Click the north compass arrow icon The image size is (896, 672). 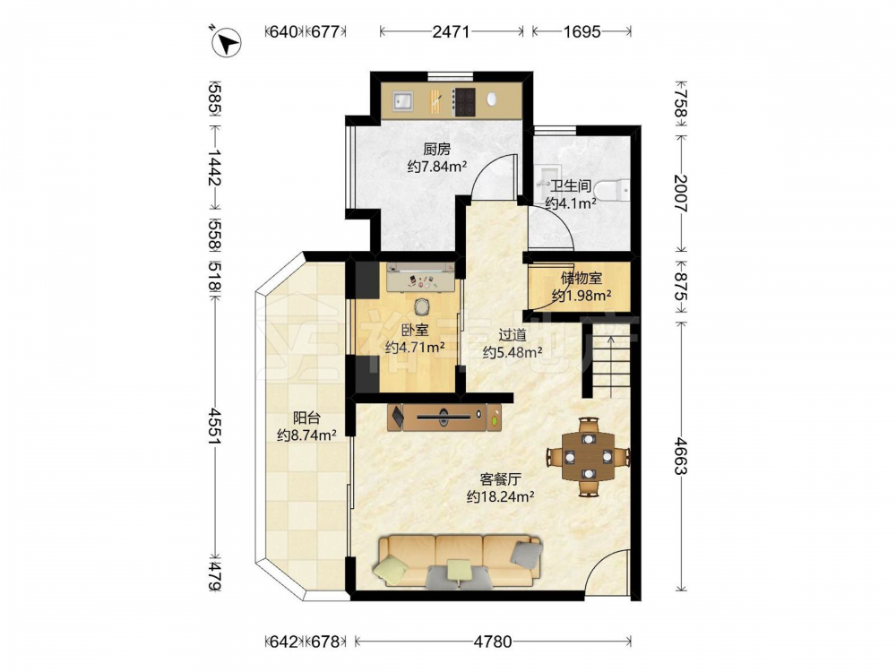(227, 42)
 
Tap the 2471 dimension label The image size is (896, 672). (451, 32)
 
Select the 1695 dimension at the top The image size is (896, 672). (582, 32)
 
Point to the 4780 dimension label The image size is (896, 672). (493, 642)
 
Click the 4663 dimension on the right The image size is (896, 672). (680, 456)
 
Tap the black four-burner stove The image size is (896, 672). (464, 102)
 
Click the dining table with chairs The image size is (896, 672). (589, 457)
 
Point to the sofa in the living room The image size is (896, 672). (459, 561)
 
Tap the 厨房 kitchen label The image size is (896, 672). (437, 149)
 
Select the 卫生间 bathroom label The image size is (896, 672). (570, 185)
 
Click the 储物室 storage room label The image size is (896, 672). (582, 279)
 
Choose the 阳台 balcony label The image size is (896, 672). (306, 418)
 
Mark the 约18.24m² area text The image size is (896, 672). (501, 497)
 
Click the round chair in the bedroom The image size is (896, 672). (422, 306)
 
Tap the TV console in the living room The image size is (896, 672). (444, 418)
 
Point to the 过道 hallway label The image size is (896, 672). (512, 334)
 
